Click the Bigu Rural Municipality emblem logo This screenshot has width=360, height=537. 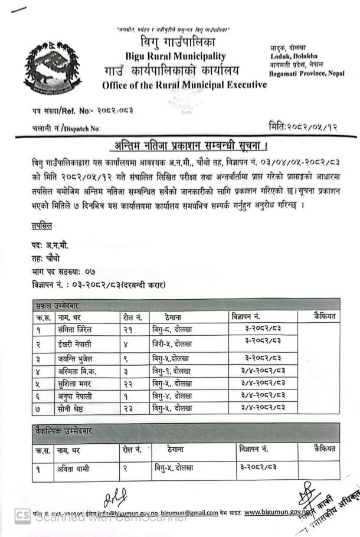pyautogui.click(x=49, y=68)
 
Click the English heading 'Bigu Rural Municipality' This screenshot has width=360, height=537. pyautogui.click(x=175, y=56)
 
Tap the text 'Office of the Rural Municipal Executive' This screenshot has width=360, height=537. pyautogui.click(x=184, y=85)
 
